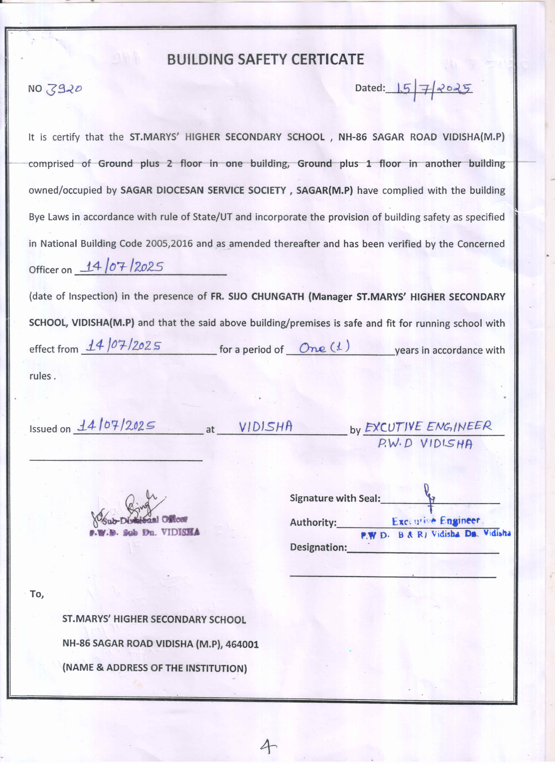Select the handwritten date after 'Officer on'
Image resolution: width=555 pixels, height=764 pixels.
pos(124,267)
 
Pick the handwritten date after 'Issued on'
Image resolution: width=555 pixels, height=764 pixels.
pos(116,426)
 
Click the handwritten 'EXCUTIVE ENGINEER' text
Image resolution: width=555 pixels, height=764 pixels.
pos(428,427)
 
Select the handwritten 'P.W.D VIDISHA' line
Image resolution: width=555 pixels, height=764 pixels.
pos(425,444)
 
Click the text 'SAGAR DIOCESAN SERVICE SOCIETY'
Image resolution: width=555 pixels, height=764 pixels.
pos(203,190)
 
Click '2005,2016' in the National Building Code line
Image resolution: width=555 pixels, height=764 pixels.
pos(169,244)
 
